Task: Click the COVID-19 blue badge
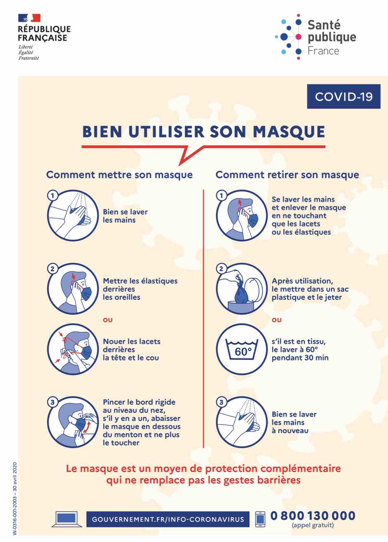344,96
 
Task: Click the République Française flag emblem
29,18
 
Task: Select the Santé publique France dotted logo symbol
289,37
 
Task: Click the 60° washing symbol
242,349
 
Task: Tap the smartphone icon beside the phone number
260,519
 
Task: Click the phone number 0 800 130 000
313,516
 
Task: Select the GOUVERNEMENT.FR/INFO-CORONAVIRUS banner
168,519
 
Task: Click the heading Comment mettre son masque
119,175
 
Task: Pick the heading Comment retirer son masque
287,175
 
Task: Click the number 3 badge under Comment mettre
53,402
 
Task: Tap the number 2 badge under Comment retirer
221,269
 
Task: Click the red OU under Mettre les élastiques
108,320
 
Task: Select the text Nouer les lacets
132,341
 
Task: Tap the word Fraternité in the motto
29,58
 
